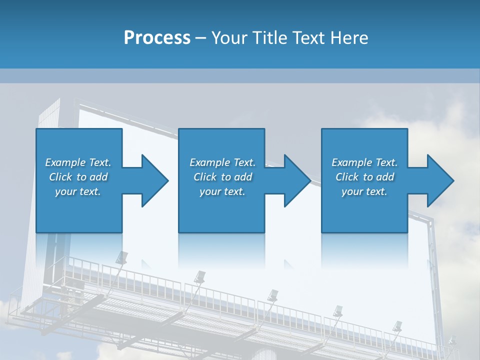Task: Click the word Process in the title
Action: [x=157, y=37]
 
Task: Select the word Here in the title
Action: [x=349, y=37]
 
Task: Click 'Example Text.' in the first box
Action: [x=78, y=162]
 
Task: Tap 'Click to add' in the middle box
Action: [x=222, y=177]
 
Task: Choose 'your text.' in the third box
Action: [x=364, y=191]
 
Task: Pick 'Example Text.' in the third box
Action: [x=364, y=162]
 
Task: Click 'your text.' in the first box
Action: [x=78, y=191]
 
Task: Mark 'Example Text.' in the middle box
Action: [x=222, y=162]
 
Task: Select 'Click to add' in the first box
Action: [x=78, y=177]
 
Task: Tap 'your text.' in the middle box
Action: [x=222, y=191]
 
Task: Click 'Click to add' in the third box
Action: [x=364, y=177]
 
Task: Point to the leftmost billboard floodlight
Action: [x=121, y=257]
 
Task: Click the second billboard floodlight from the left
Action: [x=200, y=276]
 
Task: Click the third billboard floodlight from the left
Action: [x=273, y=294]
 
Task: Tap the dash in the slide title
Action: [x=200, y=38]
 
